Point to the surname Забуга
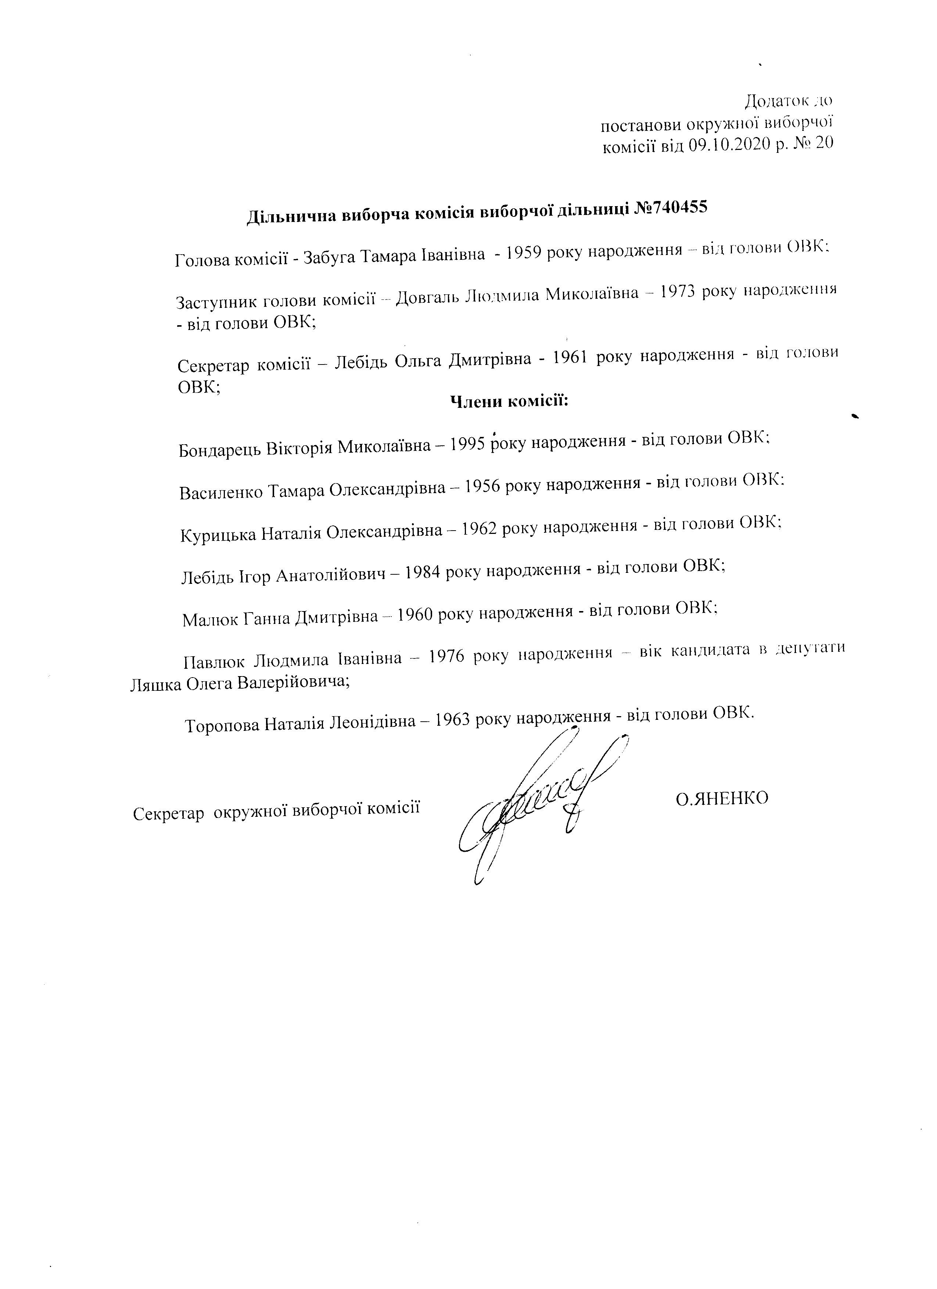coord(329,258)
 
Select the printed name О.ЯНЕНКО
coord(722,798)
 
